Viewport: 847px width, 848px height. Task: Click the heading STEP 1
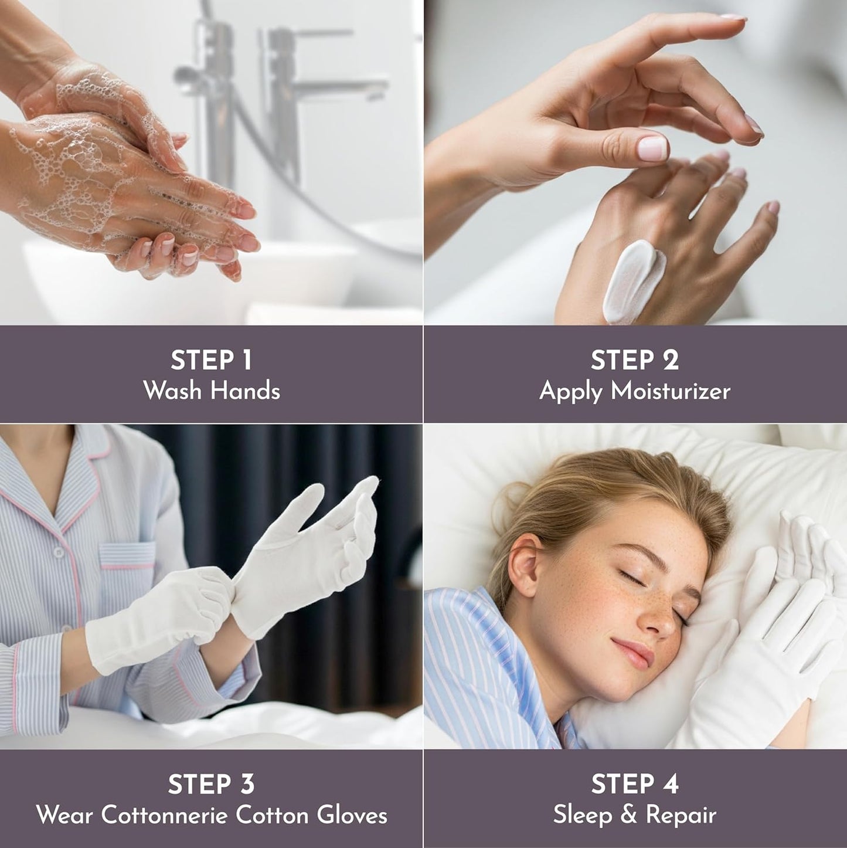pyautogui.click(x=211, y=360)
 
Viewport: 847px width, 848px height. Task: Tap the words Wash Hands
pyautogui.click(x=211, y=391)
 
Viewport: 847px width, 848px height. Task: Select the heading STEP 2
pyautogui.click(x=634, y=360)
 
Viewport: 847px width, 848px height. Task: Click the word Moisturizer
pyautogui.click(x=671, y=391)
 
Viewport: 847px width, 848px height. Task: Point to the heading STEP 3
pyautogui.click(x=211, y=784)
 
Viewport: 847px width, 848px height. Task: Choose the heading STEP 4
pyautogui.click(x=634, y=784)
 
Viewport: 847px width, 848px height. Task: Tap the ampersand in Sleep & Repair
pyautogui.click(x=630, y=815)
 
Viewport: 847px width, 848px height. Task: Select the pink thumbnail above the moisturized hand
pyautogui.click(x=652, y=148)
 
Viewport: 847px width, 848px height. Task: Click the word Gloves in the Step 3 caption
pyautogui.click(x=352, y=815)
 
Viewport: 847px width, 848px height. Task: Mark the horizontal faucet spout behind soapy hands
pyautogui.click(x=340, y=88)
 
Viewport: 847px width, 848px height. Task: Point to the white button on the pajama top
pyautogui.click(x=58, y=551)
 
